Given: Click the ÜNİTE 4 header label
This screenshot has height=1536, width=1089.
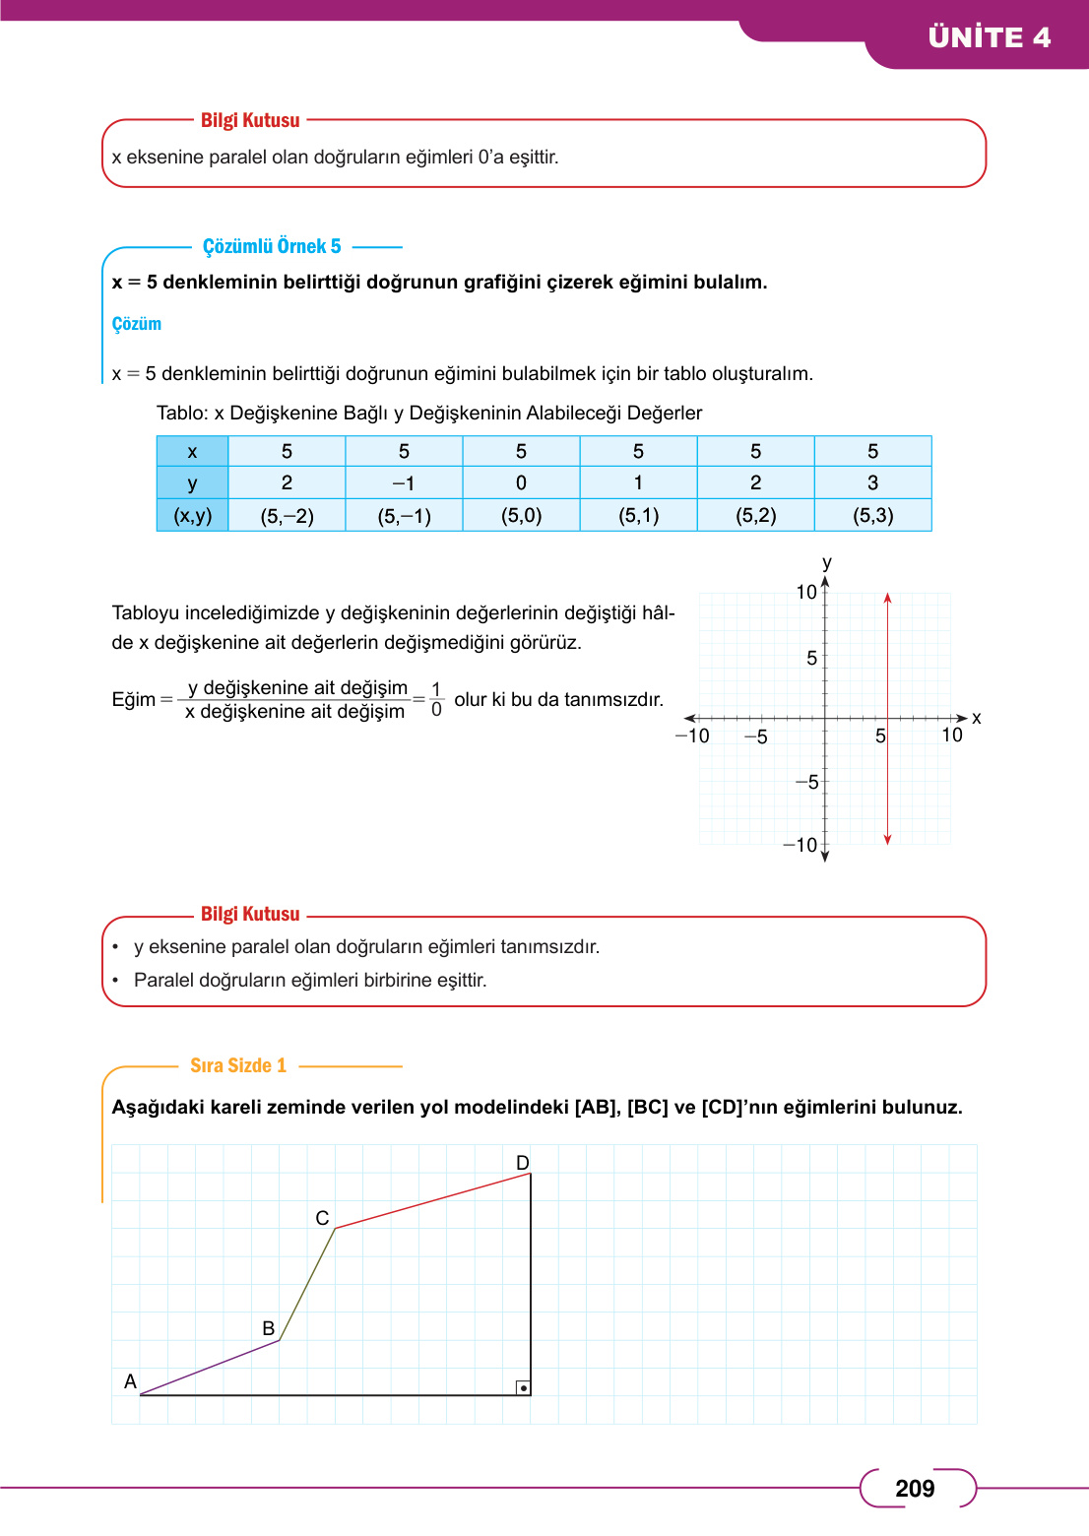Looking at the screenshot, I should (x=989, y=37).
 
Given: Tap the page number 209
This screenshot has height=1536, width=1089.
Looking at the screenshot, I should (x=915, y=1489).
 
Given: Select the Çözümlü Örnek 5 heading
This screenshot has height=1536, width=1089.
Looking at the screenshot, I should (x=272, y=246).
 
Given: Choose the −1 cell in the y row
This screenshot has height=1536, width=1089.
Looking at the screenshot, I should (x=404, y=483).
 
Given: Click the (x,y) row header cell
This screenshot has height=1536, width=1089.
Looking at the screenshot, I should (x=193, y=515).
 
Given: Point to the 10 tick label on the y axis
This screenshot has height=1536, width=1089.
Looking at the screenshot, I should (x=806, y=592).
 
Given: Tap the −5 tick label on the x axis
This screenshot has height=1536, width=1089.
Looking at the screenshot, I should (x=755, y=737).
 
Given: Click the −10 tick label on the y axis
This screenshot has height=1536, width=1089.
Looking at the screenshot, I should (x=801, y=845).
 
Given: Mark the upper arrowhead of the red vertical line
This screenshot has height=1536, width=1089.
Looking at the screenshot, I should (x=887, y=598).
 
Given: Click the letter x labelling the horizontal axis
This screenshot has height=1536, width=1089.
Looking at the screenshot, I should (x=976, y=718).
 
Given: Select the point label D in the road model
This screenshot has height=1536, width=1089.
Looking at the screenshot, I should (x=523, y=1163).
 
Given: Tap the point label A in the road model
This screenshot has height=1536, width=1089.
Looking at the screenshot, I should (x=130, y=1381).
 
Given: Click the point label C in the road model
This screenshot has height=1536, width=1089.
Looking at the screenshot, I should (x=322, y=1218).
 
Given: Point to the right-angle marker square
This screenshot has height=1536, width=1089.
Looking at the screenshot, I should (x=523, y=1387).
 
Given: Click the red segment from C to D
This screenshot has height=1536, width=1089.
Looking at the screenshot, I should (x=433, y=1201).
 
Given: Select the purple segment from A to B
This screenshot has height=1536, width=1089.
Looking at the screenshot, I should (x=210, y=1368).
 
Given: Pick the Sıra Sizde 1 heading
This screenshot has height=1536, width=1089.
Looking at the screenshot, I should (x=238, y=1065).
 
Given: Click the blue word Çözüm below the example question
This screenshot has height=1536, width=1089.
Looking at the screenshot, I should (x=137, y=324).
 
